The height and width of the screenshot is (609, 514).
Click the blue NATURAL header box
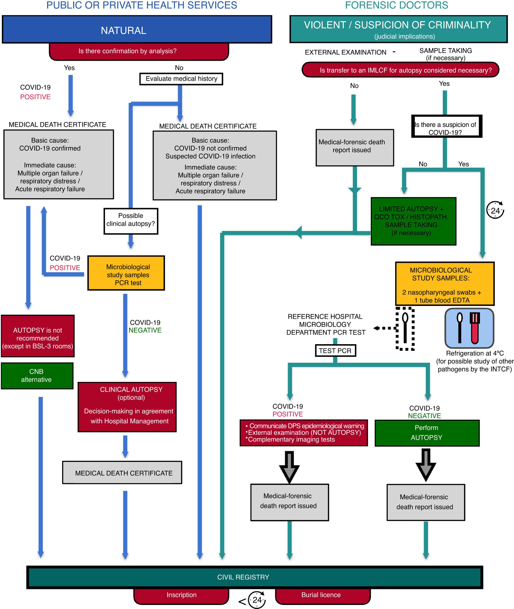(x=137, y=30)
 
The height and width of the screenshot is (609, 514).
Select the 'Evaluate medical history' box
(x=181, y=79)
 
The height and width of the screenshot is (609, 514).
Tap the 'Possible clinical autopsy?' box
(x=131, y=221)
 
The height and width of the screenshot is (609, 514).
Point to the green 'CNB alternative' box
(x=37, y=376)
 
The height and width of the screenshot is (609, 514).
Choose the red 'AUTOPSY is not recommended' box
(x=38, y=336)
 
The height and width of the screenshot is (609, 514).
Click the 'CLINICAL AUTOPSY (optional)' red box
(x=127, y=407)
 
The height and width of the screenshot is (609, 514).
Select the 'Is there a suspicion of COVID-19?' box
(x=446, y=126)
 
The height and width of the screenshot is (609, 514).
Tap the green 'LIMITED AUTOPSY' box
(x=413, y=221)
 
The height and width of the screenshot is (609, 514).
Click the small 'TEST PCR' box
(x=335, y=350)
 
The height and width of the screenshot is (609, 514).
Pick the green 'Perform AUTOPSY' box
(x=427, y=433)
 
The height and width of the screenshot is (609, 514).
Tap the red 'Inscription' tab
(x=181, y=595)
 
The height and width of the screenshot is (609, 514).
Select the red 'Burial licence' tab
(x=322, y=595)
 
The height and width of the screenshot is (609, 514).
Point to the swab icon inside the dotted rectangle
(x=405, y=328)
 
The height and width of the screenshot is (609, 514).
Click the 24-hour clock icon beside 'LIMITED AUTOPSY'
(x=495, y=210)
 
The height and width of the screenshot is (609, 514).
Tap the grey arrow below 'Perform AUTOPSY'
(x=426, y=464)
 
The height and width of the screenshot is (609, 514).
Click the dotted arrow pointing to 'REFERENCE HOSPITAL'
(x=384, y=328)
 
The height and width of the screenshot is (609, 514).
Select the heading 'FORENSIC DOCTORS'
(x=396, y=5)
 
